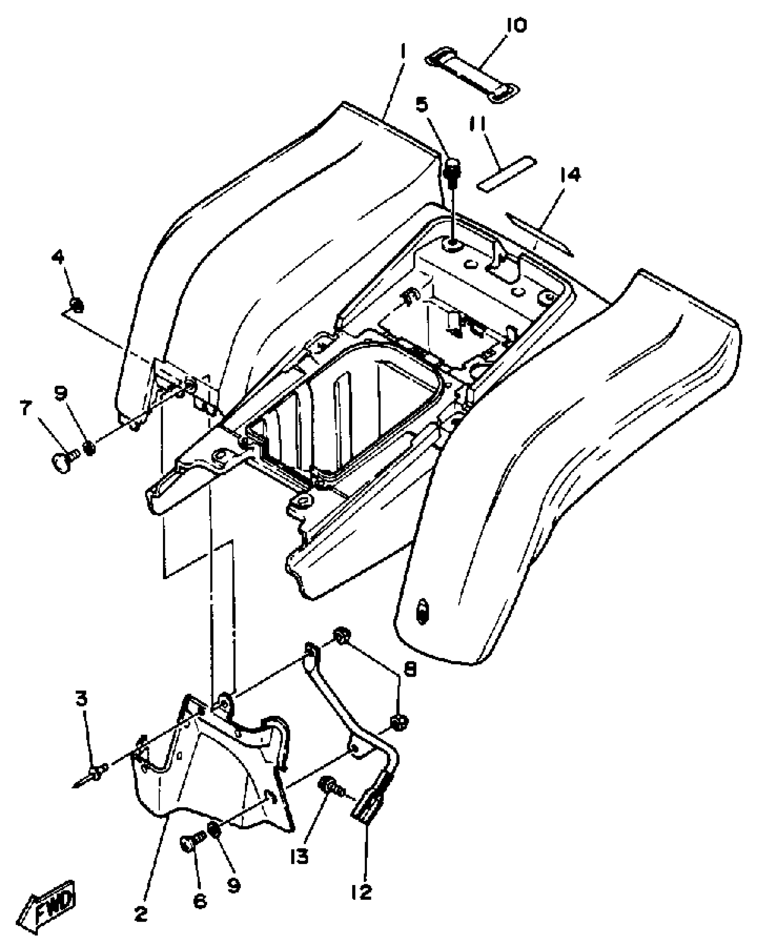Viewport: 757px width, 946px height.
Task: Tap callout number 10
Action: tap(516, 25)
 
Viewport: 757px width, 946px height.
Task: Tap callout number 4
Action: tap(58, 257)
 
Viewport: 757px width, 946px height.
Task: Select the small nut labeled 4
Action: tap(77, 305)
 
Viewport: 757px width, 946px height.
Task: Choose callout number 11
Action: tap(478, 126)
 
